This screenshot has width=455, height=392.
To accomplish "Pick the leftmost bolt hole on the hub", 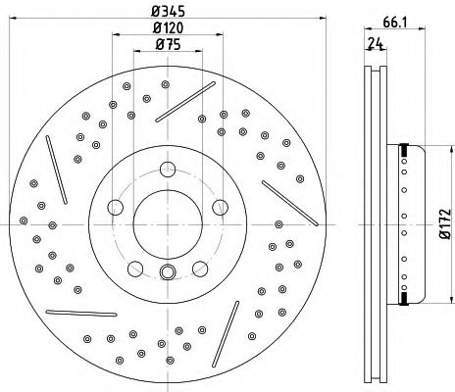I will [x=114, y=207].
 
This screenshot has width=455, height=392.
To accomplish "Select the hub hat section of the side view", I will [x=407, y=225].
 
